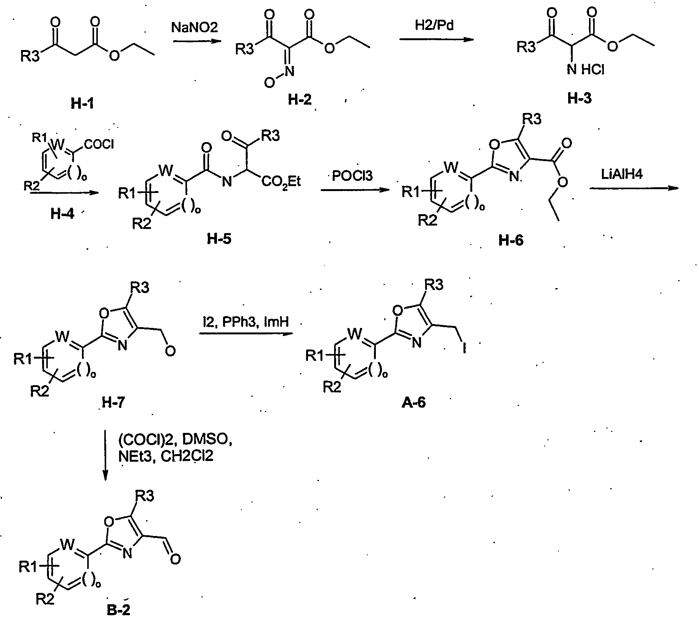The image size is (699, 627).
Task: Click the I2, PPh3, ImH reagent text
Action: pos(245,322)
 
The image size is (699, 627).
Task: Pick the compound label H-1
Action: pos(82,103)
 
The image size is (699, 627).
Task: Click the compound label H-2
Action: pos(300,99)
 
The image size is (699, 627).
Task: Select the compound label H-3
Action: pos(579,99)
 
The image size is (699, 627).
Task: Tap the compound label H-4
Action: pos(63,214)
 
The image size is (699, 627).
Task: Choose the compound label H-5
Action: pos(219,239)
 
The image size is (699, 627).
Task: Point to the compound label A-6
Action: pos(413,403)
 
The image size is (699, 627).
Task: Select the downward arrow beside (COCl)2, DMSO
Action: pos(105,455)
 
